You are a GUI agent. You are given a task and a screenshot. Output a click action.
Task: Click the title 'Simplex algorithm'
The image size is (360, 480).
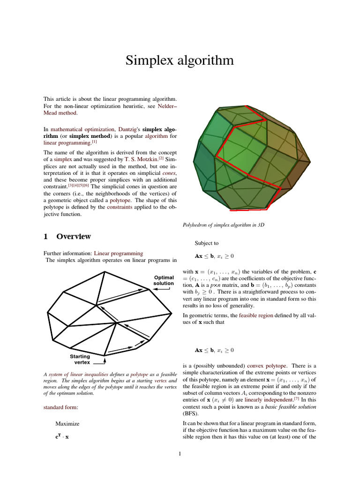coord(180,60)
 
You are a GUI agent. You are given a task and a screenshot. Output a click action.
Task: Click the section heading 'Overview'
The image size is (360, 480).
coord(74,237)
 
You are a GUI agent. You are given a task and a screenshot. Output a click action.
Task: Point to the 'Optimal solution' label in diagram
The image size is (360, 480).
coord(164,280)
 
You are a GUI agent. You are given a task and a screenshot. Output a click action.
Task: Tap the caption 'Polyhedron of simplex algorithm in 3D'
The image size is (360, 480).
coord(224,225)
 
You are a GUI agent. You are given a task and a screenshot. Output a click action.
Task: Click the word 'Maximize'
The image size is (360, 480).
coord(67,423)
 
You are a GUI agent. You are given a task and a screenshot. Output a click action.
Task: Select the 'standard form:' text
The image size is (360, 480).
coord(60,407)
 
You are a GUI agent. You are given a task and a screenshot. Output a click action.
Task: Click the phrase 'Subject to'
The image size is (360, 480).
coord(206,243)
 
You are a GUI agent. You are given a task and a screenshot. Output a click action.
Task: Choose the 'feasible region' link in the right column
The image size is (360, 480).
coord(255,316)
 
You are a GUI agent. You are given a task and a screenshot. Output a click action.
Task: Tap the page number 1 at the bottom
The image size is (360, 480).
coord(180,453)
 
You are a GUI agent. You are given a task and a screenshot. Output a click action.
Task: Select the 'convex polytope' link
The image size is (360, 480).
coord(261,365)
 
